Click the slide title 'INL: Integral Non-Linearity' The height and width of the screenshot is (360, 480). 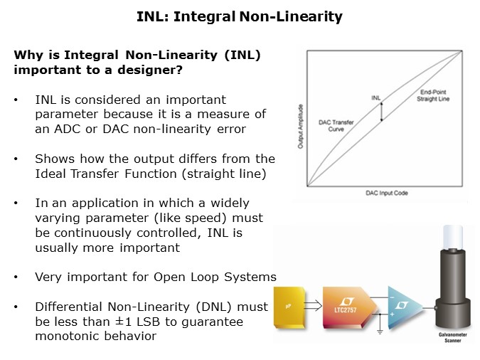(240, 17)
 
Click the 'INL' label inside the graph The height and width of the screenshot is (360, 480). (376, 97)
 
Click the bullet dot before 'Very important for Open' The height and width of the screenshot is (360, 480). (16, 277)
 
